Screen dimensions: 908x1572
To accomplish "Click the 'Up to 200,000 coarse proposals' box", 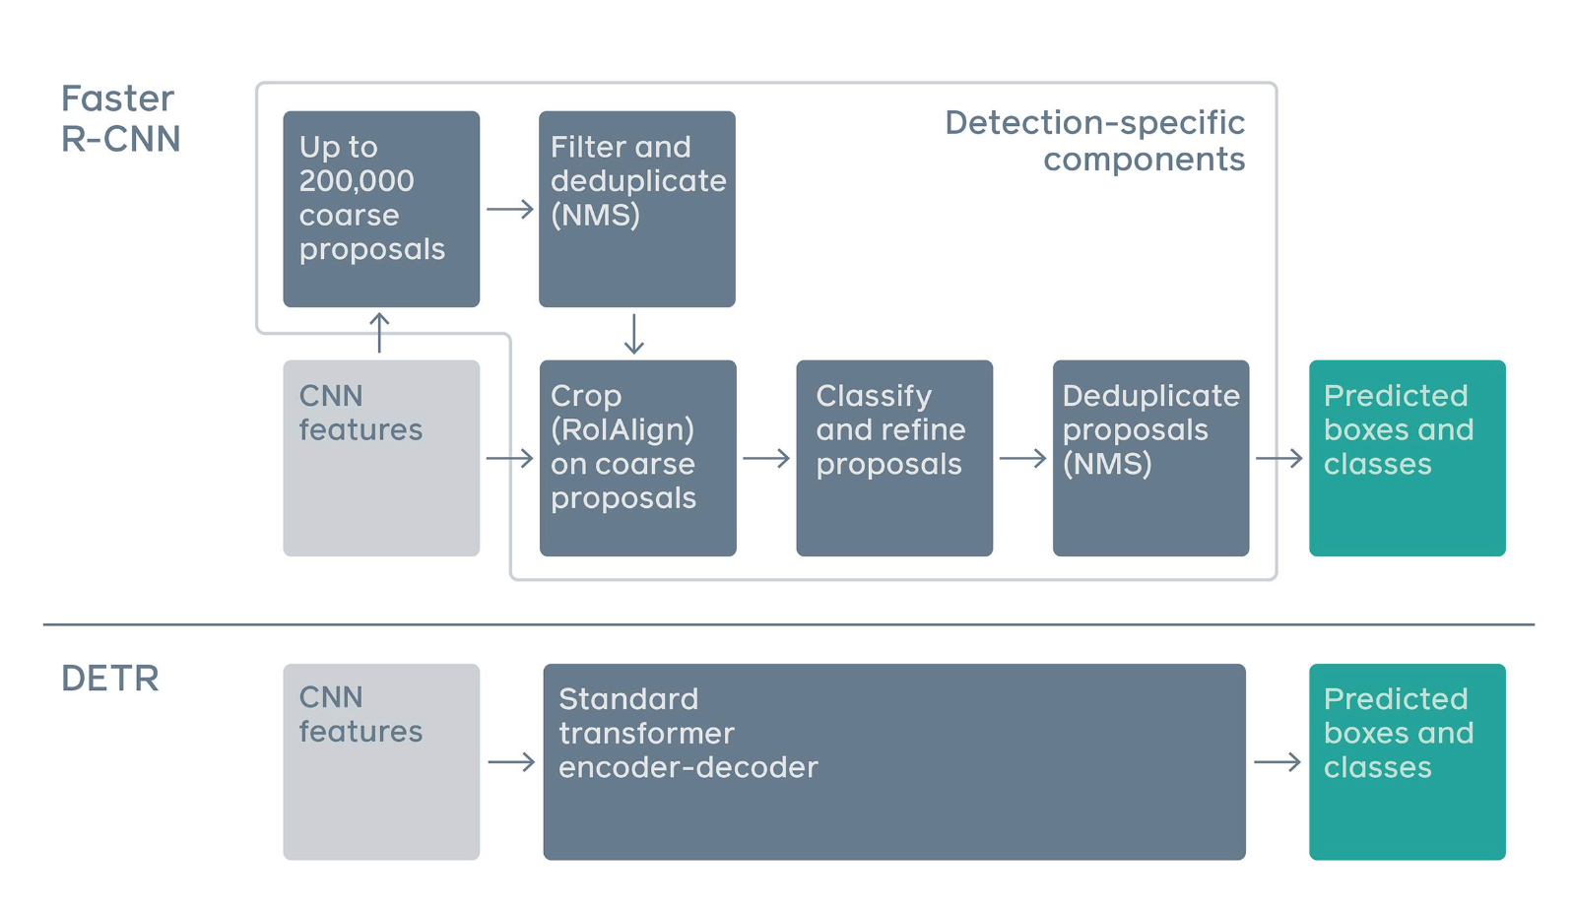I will [x=381, y=209].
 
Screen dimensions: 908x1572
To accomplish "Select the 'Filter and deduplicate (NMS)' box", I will [x=636, y=209].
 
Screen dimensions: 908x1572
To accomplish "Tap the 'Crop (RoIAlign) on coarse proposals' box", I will [x=637, y=458].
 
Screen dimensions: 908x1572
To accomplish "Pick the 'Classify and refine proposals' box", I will [x=893, y=458].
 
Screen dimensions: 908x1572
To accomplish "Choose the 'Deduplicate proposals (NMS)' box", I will [x=1150, y=458].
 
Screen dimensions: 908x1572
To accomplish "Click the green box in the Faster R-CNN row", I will [x=1407, y=458].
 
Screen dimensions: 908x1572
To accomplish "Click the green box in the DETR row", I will [x=1407, y=761].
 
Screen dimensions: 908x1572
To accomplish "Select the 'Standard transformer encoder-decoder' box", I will [x=893, y=761].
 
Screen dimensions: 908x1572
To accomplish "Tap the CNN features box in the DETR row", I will [x=381, y=761].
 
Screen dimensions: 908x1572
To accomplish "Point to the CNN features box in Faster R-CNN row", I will [x=381, y=458].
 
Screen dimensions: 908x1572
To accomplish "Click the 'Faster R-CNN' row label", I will [x=120, y=118].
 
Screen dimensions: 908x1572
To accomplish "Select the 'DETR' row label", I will [x=109, y=679].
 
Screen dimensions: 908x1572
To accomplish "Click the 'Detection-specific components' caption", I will [x=1095, y=140].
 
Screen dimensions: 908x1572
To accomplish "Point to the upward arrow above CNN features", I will [x=379, y=333].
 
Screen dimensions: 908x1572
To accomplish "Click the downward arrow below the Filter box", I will [x=634, y=334].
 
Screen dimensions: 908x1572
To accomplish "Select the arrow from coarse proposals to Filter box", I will [x=509, y=209].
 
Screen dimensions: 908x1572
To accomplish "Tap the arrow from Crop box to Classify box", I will [x=765, y=458].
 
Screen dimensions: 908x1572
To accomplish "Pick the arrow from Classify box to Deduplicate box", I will [x=1022, y=458].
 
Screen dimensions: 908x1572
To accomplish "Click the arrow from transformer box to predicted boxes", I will [x=1277, y=761].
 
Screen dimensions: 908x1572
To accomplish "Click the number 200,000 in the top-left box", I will [x=357, y=181].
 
